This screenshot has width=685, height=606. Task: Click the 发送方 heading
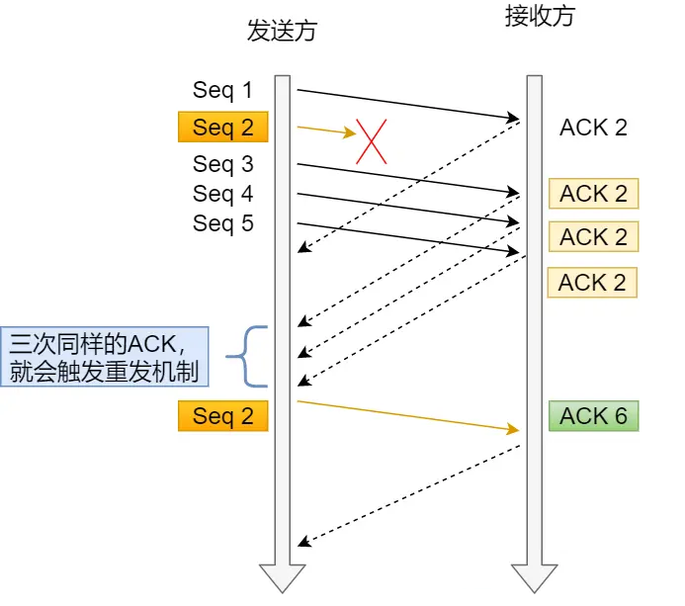point(282,32)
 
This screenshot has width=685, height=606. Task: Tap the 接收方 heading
point(539,17)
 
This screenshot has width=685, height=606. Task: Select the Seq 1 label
point(222,91)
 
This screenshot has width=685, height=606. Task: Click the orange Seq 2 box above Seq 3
point(222,128)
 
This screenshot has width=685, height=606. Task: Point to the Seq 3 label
point(222,164)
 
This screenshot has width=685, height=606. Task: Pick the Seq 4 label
point(222,194)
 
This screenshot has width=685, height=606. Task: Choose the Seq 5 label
point(222,224)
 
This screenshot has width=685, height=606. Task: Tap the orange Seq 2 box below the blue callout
point(222,416)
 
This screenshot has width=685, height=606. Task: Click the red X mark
point(371,141)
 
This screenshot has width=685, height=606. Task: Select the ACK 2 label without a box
point(593,128)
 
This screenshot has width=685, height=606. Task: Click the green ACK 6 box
point(594,416)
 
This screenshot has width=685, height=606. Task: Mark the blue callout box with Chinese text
point(105,357)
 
